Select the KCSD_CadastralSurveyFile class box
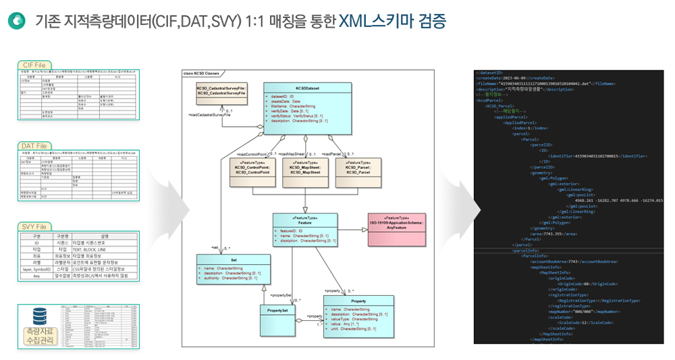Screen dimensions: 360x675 point(221,92)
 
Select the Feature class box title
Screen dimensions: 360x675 point(304,221)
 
